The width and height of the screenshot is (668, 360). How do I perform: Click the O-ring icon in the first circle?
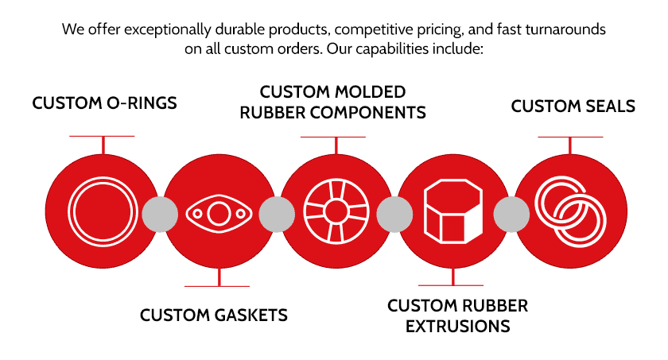(x=69, y=211)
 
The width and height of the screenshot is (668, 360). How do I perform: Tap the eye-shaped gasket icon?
(x=188, y=214)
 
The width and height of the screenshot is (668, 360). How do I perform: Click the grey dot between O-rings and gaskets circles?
(x=160, y=214)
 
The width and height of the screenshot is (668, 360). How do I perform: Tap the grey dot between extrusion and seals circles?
(x=511, y=214)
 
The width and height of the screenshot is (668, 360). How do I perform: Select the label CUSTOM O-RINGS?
(x=104, y=103)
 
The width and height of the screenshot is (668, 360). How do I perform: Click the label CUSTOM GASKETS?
(x=214, y=315)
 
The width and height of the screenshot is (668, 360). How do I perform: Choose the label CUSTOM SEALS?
(x=573, y=106)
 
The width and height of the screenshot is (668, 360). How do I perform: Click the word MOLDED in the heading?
(x=369, y=92)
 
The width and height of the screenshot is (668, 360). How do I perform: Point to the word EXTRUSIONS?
(x=457, y=327)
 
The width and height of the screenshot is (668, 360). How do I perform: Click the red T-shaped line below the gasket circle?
(x=219, y=278)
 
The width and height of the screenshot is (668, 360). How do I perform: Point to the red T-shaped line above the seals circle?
(x=570, y=145)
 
